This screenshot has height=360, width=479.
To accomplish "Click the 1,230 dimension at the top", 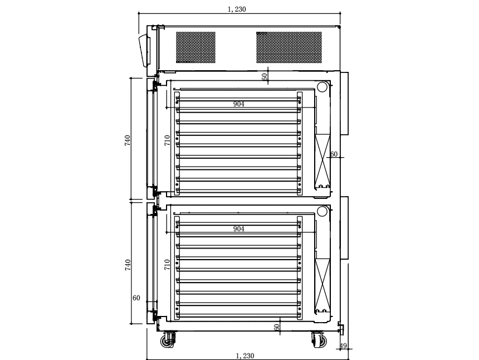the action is [x=237, y=9].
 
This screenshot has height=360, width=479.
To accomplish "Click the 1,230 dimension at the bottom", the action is [x=245, y=356].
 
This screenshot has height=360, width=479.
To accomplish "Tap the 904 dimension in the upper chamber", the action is [x=238, y=104].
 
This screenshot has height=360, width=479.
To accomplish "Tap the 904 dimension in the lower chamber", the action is [x=238, y=228].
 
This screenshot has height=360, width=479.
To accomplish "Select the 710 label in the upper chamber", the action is [x=167, y=140].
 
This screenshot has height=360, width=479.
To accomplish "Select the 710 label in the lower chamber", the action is [x=167, y=265].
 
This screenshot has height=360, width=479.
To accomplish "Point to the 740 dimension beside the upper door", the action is [x=128, y=140].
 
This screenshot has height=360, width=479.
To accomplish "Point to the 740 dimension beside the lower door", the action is [x=128, y=265].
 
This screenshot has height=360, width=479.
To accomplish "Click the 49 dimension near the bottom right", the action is [x=343, y=346].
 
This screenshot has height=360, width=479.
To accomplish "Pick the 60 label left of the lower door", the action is [x=136, y=298].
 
